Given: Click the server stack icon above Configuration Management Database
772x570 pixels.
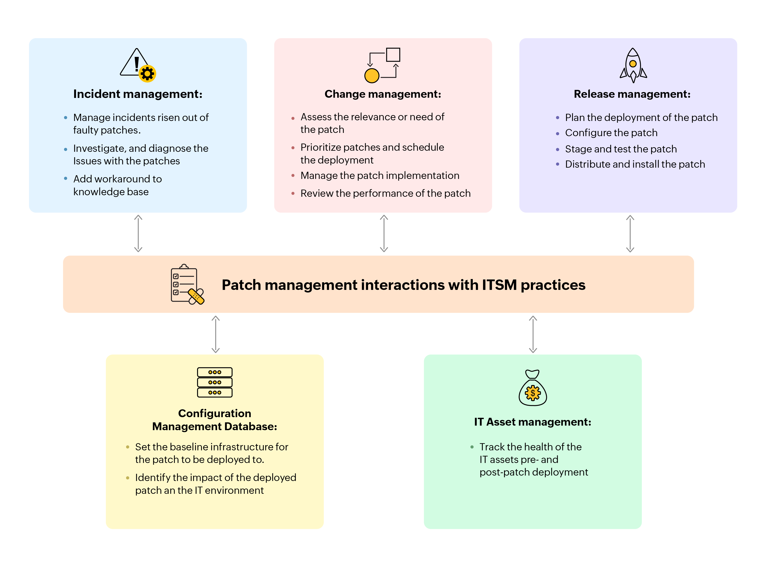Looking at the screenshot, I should coord(214,382).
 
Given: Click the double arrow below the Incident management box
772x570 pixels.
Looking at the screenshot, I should coord(138,234).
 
